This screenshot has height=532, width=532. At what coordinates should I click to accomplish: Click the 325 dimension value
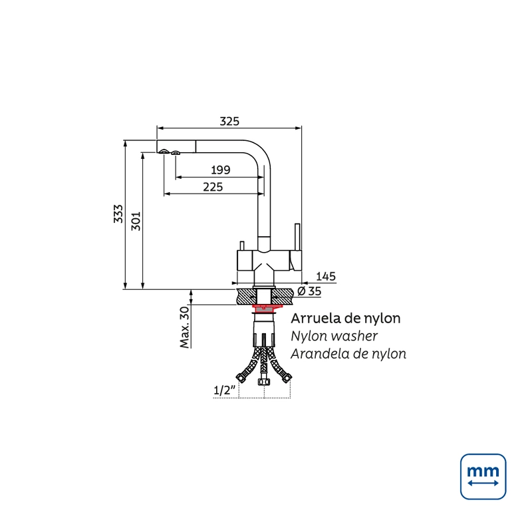[x=229, y=121]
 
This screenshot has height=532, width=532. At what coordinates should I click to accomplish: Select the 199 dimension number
[x=221, y=170]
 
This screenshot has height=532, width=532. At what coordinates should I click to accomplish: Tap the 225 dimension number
[x=213, y=187]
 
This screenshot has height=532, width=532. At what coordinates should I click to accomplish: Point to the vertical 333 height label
[x=118, y=213]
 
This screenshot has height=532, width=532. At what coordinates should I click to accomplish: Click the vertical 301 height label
[x=136, y=221]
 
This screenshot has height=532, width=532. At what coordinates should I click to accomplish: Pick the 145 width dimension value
[x=326, y=277]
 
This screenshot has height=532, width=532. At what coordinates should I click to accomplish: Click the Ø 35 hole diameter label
[x=309, y=291]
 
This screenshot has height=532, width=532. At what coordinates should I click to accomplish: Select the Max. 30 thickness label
[x=184, y=327]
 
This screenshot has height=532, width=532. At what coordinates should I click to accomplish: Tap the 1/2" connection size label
[x=224, y=390]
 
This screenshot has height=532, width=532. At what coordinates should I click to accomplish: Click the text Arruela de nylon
[x=346, y=319]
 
